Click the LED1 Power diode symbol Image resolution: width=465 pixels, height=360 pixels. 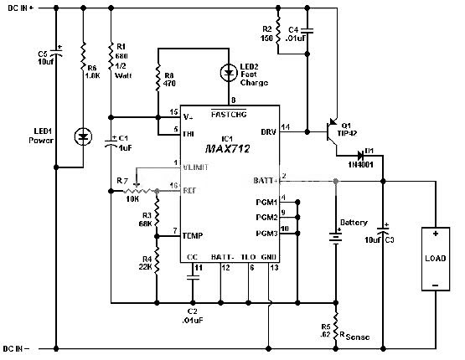tap(83, 136)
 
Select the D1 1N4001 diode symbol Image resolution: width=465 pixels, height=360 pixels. tap(359, 155)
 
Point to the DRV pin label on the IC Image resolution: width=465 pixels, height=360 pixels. tap(268, 132)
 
